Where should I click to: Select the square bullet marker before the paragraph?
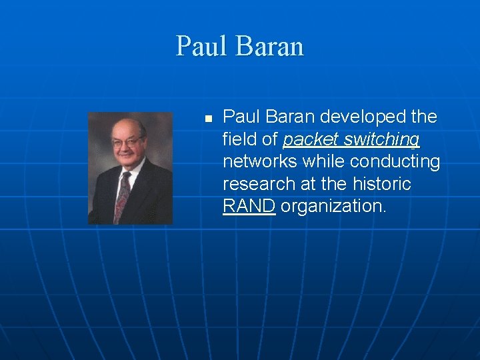coord(207,119)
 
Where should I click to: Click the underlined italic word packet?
coord(311,140)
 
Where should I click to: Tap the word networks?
coord(260,161)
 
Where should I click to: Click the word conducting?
coord(395,162)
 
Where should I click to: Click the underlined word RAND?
coord(249,206)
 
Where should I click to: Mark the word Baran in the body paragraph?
coord(291,117)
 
